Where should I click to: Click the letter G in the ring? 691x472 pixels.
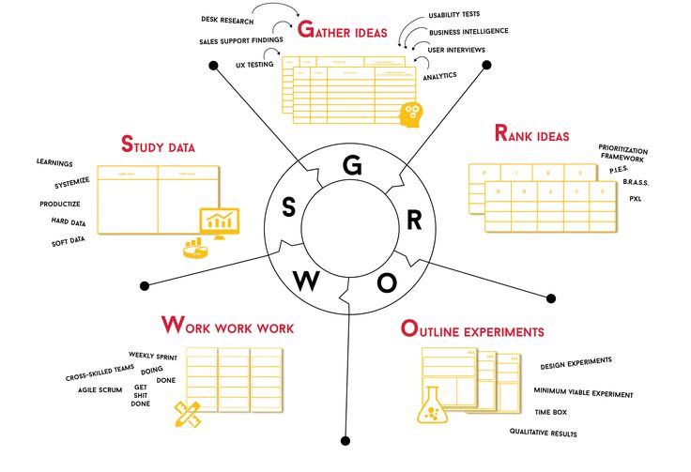pos(352,166)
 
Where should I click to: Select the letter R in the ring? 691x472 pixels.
pos(413,221)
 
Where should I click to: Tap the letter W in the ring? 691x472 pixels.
pos(306,280)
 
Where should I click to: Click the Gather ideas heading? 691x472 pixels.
pos(342,30)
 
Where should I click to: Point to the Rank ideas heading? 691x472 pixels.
pos(531,135)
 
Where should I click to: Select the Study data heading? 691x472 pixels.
pos(159,146)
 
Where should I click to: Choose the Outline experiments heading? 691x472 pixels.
pos(471,330)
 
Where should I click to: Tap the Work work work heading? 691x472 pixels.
pos(228,327)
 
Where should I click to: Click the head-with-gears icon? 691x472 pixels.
pos(409,113)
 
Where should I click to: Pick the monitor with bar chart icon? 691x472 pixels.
pos(219,223)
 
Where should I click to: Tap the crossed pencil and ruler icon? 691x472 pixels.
pos(188,412)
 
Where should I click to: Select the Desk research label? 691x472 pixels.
pos(229,19)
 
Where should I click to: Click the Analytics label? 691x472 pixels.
pos(439,76)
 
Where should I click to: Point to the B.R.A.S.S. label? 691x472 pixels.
pos(635,182)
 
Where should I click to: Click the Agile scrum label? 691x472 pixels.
pos(100,389)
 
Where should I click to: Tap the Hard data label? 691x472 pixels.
pos(68,222)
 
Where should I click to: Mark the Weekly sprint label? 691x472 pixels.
pos(154,356)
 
